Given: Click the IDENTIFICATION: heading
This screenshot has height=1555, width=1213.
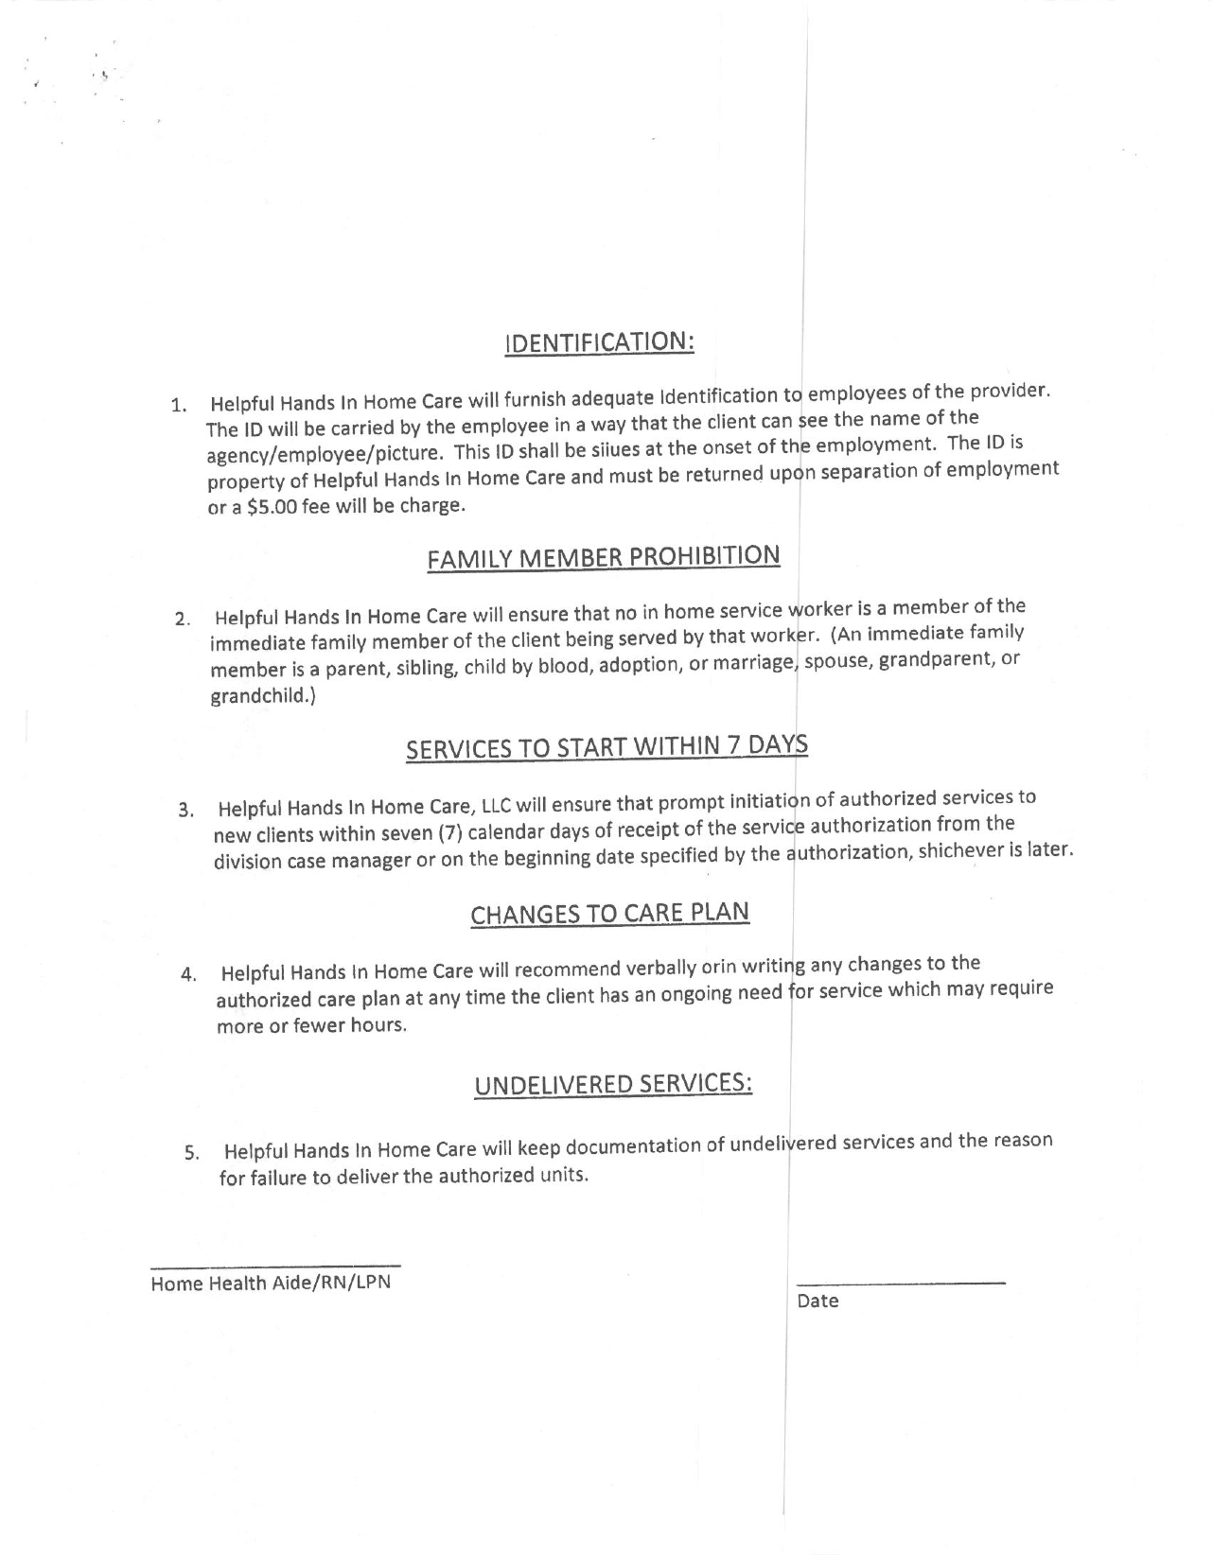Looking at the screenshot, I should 601,342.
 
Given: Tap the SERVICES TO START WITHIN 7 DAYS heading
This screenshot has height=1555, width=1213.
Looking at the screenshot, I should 606,748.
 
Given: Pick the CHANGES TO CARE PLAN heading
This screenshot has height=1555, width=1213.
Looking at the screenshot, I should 610,914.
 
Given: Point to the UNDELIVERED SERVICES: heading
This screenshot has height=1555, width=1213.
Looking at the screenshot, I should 613,1084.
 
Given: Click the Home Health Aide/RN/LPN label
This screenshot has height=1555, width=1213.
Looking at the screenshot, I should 271,1284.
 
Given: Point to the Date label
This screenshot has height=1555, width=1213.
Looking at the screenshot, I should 817,1302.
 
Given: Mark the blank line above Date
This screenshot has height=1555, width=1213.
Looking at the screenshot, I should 901,1283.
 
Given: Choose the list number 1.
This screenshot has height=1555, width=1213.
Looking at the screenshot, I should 178,407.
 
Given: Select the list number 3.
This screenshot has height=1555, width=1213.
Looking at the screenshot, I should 185,811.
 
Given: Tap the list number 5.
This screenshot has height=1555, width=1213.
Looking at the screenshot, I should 191,1154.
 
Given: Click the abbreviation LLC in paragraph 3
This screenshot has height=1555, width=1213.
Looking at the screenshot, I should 498,807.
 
